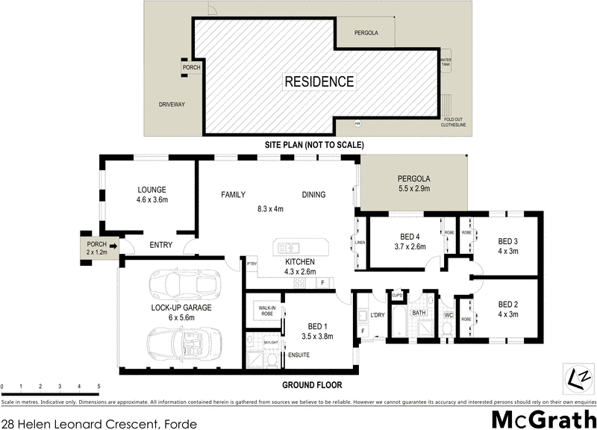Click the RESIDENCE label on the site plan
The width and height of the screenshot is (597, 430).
coord(319,81)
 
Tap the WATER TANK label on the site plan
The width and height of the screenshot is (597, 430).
coord(446,62)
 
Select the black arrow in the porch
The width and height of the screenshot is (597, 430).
coord(113,244)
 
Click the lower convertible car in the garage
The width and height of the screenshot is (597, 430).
coord(177,343)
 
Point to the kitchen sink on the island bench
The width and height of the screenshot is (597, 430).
coord(287,247)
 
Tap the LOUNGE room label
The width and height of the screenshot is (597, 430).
coord(151,190)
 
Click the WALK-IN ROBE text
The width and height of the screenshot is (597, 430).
coord(267,309)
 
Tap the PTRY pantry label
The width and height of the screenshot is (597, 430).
coord(251,264)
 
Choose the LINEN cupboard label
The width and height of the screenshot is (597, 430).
coord(360,242)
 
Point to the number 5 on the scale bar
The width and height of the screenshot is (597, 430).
coord(99,387)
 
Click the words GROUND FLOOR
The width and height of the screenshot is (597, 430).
coord(312,385)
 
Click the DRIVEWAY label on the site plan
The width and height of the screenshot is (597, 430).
coord(171,105)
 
